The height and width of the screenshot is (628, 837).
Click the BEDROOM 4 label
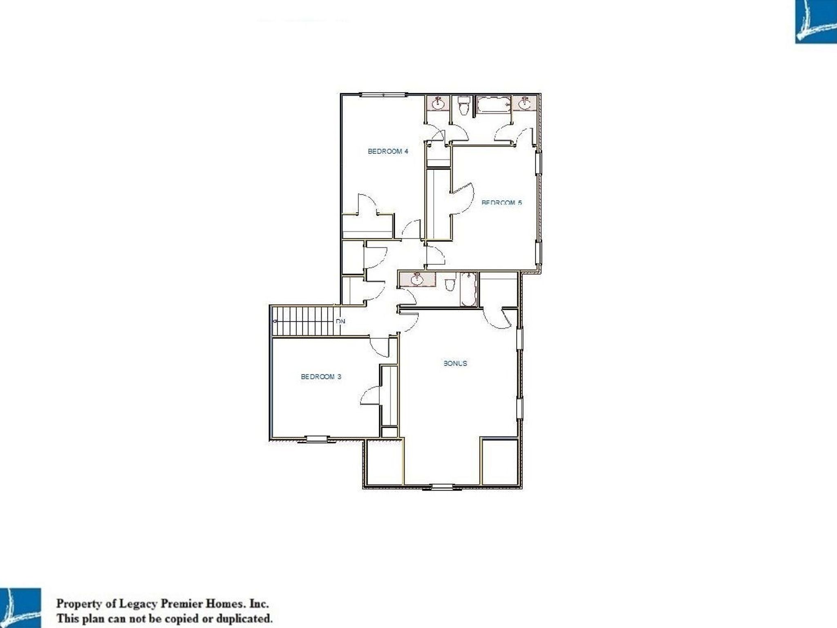388,151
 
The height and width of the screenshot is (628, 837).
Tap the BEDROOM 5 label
501,202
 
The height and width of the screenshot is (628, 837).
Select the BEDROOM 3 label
321,377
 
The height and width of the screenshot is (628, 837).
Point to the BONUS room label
455,363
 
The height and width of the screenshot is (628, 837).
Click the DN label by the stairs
340,321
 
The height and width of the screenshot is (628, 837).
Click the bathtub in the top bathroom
494,104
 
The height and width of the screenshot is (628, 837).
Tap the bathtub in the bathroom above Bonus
468,289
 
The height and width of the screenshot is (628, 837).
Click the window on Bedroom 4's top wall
384,95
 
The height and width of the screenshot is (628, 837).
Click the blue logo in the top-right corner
816,21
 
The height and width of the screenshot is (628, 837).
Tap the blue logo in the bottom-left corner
20,608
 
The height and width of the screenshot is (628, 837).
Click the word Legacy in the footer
137,603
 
